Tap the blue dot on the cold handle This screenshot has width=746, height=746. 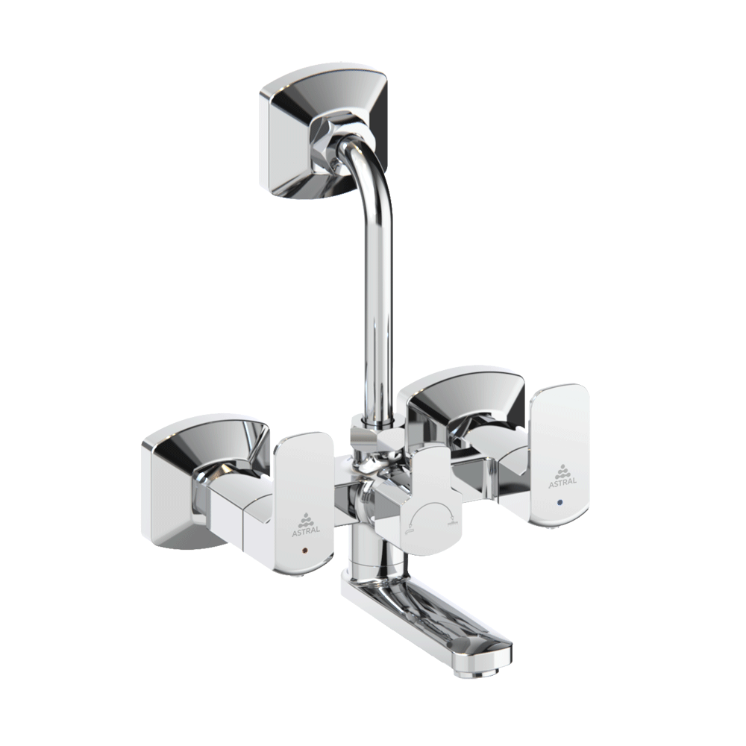559,504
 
